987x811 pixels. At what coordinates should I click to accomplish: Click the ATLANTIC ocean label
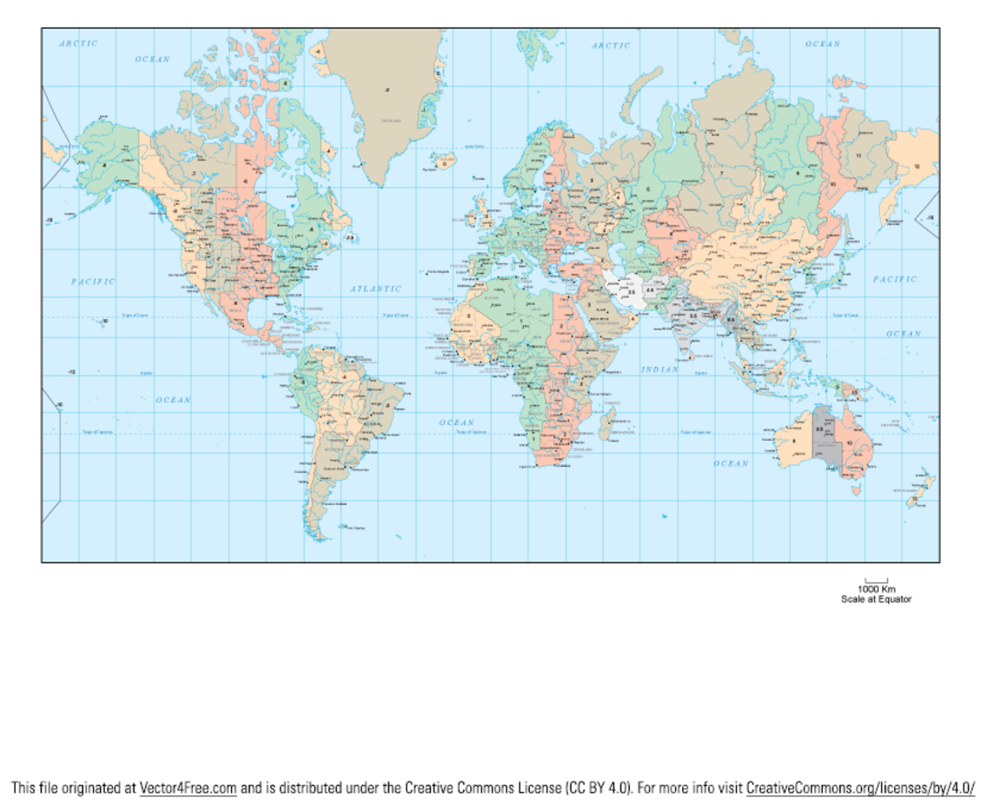click(x=376, y=289)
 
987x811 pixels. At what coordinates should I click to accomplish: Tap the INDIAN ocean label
click(x=659, y=369)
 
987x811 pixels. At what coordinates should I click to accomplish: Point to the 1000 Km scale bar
click(x=876, y=580)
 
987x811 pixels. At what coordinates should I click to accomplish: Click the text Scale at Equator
click(x=876, y=599)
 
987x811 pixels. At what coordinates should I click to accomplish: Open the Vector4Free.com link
click(x=188, y=788)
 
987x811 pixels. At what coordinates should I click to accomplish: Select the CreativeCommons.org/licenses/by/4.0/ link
click(x=860, y=788)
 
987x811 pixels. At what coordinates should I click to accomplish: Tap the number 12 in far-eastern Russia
click(x=916, y=166)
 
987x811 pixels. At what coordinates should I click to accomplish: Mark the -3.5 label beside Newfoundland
click(x=349, y=236)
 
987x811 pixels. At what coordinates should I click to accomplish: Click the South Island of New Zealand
click(x=915, y=498)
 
